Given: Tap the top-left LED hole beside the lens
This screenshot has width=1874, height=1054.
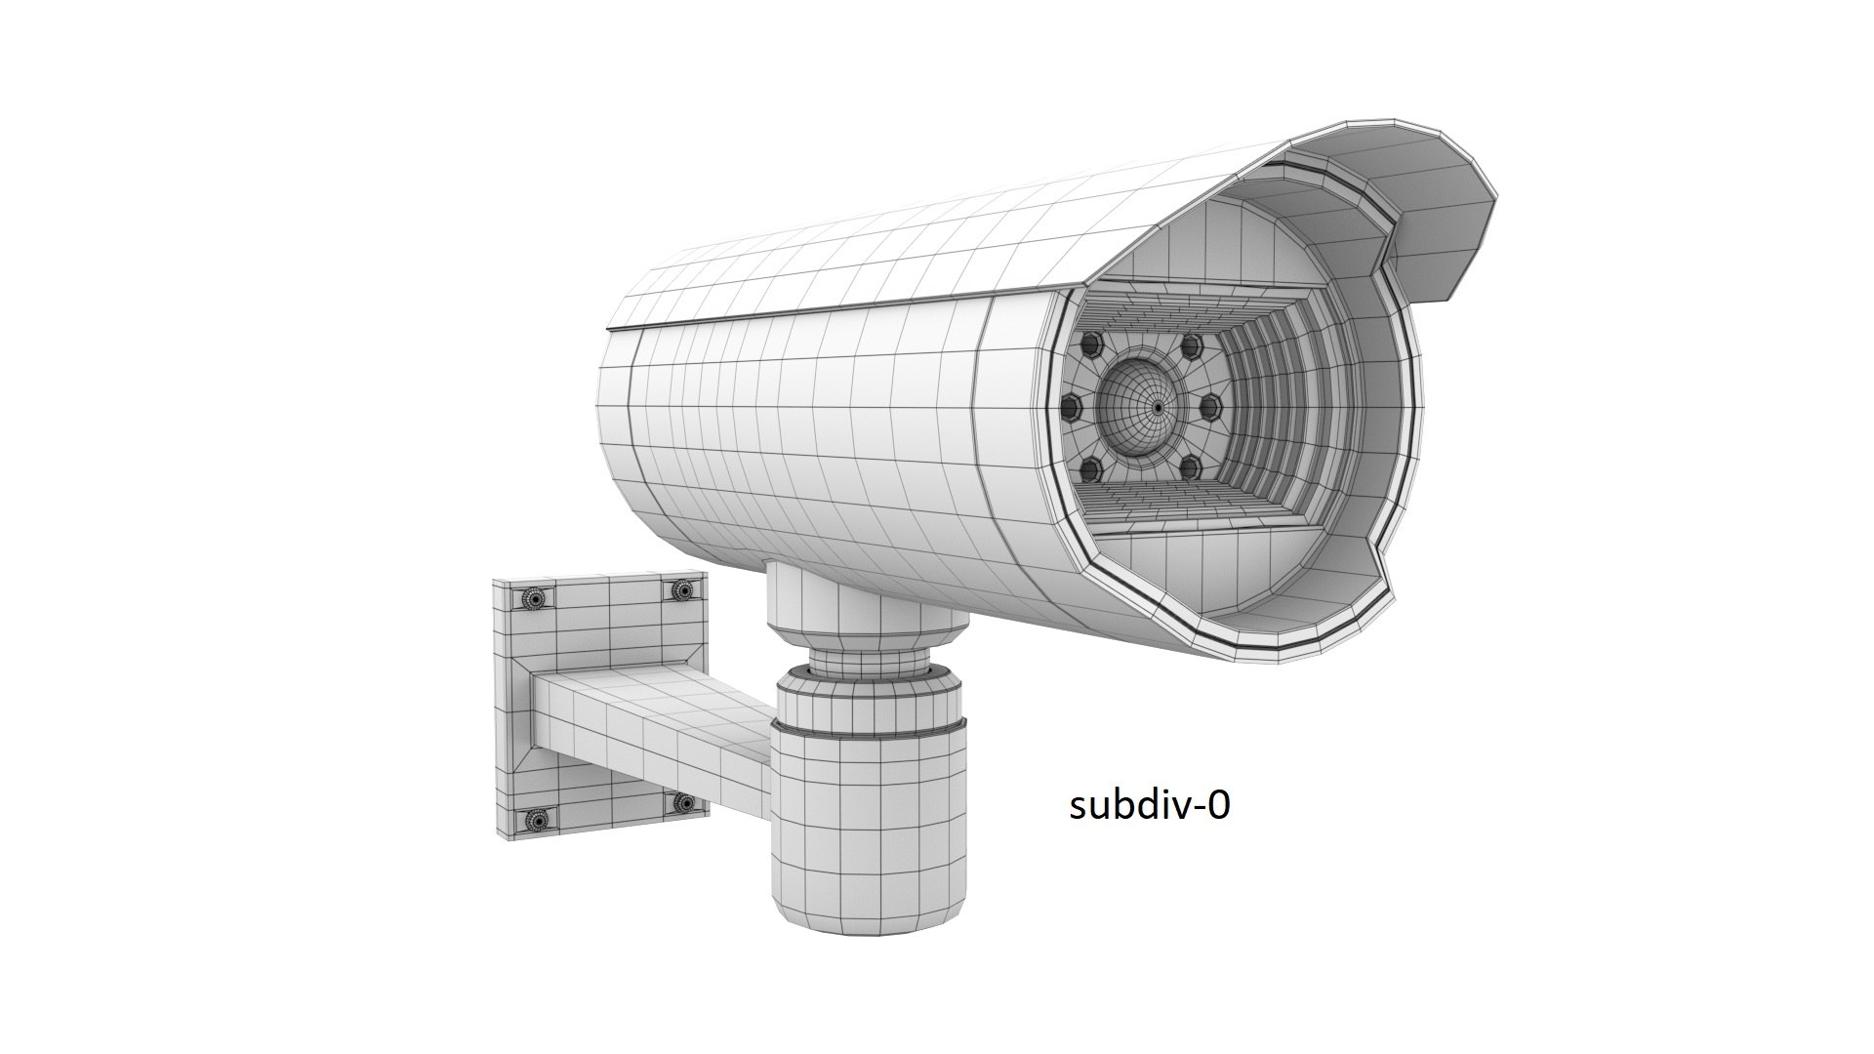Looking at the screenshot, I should coord(1091,345).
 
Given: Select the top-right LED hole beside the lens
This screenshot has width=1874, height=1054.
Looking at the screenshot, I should coord(1191,346).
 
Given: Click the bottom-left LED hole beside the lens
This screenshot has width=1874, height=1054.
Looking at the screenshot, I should coord(1090,469).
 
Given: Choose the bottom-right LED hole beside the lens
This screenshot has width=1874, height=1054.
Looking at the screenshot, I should coord(1190,469).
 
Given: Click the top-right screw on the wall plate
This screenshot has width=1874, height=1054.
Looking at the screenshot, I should coord(683,590).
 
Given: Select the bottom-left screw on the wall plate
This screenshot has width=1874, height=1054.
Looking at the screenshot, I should coord(536,821).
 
